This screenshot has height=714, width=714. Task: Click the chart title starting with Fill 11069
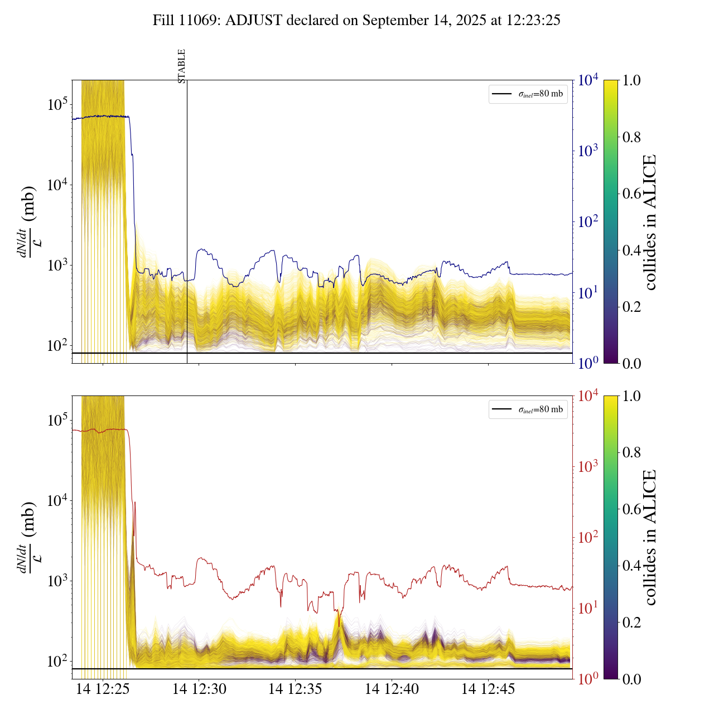(356, 21)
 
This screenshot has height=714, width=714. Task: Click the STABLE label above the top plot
(181, 66)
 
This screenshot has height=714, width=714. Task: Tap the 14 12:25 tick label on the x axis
(103, 689)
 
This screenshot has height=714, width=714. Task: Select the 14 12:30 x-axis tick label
(199, 689)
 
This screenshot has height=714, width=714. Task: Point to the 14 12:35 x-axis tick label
(295, 689)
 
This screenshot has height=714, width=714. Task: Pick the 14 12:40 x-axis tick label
(392, 689)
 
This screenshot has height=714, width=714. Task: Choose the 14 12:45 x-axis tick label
(488, 689)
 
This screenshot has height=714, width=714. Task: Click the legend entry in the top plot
(528, 94)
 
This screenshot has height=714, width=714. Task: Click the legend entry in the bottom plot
(528, 410)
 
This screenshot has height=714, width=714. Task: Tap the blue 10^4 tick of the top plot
(588, 80)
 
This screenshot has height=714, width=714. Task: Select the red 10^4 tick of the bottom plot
(588, 396)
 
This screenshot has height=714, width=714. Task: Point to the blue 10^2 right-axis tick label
(588, 222)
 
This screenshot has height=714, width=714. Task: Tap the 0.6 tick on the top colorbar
(631, 194)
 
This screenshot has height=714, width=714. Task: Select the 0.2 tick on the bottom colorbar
(631, 623)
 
